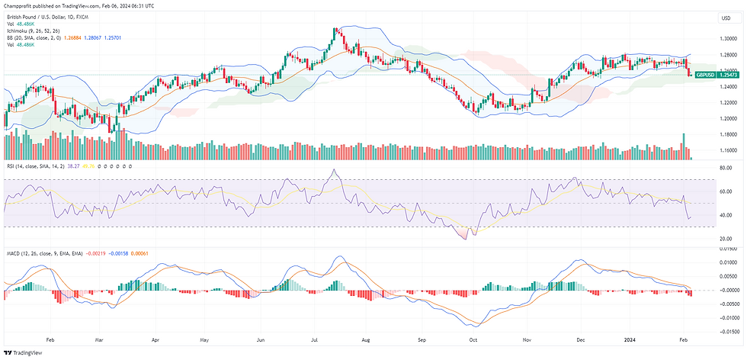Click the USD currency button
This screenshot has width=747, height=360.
725,18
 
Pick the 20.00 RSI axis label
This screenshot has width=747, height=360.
726,239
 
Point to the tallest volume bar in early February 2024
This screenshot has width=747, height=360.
684,146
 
